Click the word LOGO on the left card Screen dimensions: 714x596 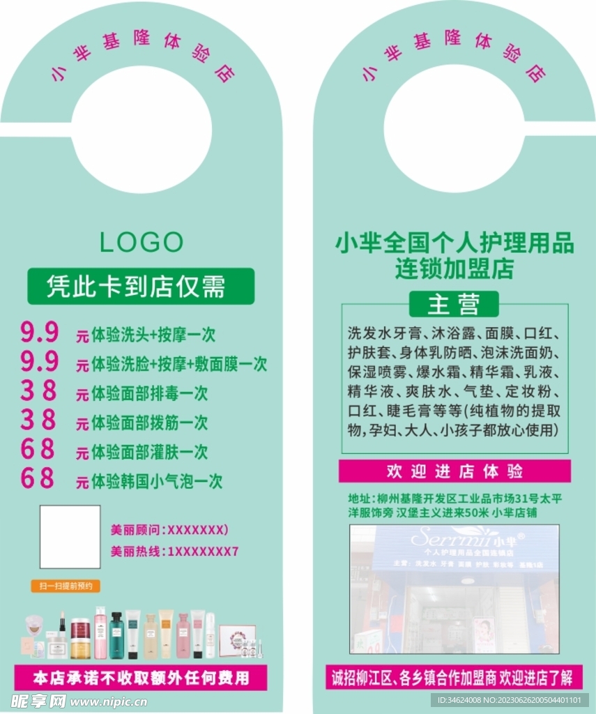[142, 243]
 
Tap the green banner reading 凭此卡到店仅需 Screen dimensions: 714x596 [140, 287]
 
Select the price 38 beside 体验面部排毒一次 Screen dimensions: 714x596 [38, 391]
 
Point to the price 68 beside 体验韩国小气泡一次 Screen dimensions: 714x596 [38, 479]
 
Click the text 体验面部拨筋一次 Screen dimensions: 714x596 [149, 423]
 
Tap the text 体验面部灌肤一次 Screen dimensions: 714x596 [149, 452]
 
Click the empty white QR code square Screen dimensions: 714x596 [70, 537]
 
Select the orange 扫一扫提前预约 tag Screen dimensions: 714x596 [66, 586]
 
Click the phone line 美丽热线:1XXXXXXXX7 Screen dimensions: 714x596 [175, 552]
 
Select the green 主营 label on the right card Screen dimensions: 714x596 [454, 304]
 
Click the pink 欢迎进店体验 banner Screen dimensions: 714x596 [454, 471]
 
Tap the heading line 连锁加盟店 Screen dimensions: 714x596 [454, 268]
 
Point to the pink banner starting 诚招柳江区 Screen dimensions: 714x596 [453, 677]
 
